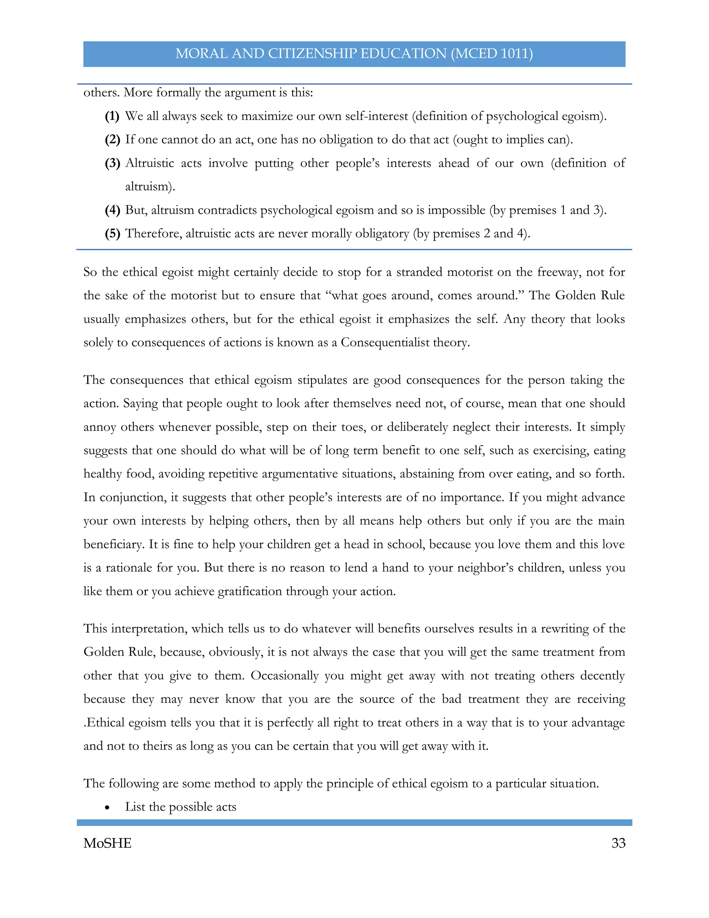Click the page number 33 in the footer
[618, 843]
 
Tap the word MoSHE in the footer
[108, 843]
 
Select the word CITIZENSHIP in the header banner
[313, 53]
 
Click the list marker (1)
[112, 116]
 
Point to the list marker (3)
[112, 163]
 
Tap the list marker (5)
[112, 233]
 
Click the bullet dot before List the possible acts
[108, 807]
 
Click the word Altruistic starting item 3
[149, 163]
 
